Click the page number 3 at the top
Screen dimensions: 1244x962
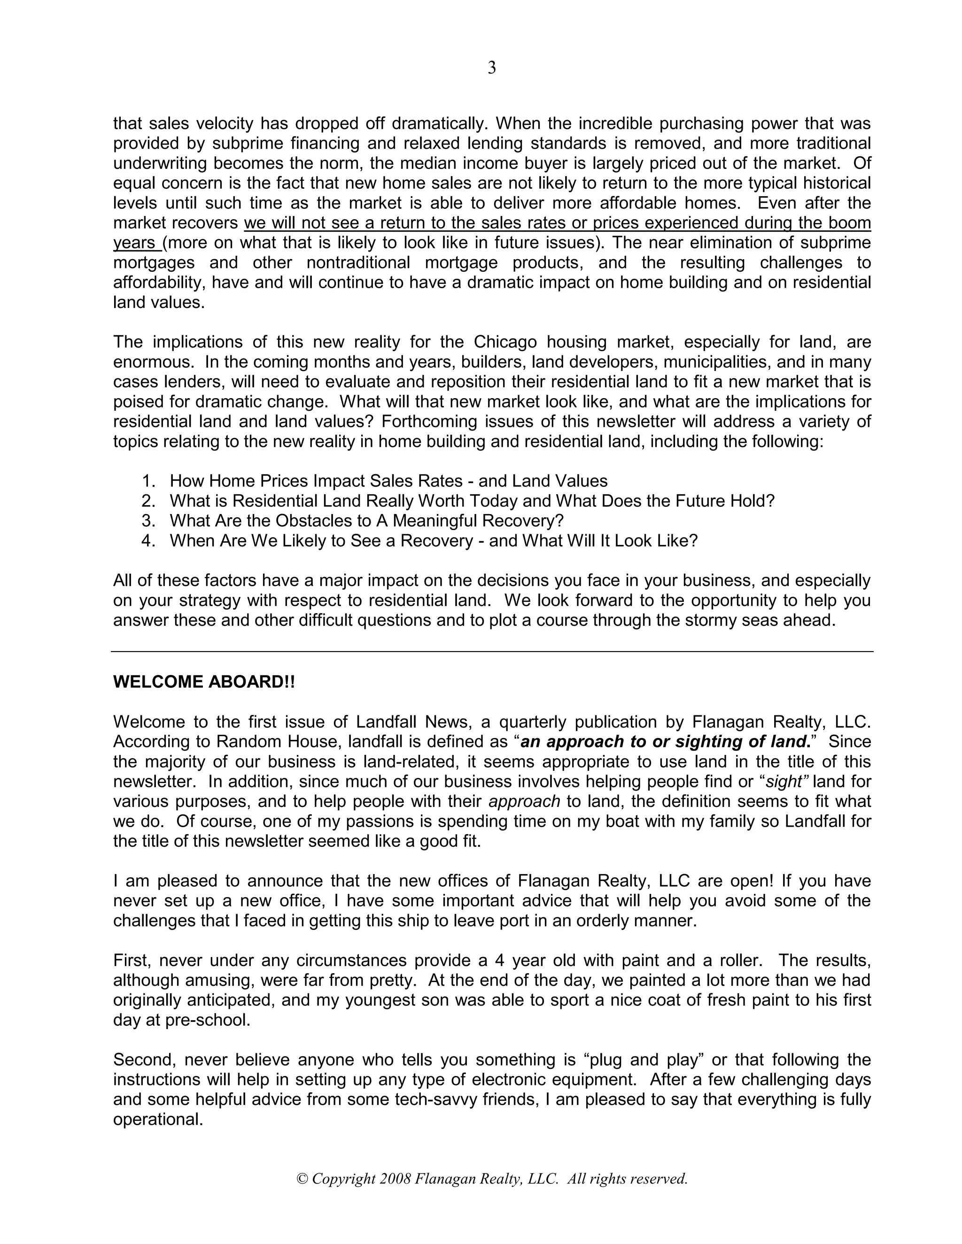point(491,69)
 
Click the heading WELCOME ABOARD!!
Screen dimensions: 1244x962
point(204,682)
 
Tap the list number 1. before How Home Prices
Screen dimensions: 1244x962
point(148,481)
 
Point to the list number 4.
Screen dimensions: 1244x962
point(148,540)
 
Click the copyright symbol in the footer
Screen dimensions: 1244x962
point(302,1178)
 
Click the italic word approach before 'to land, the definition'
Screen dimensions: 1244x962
point(524,801)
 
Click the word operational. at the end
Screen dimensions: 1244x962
point(158,1120)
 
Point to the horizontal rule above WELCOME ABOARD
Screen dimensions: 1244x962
point(491,652)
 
